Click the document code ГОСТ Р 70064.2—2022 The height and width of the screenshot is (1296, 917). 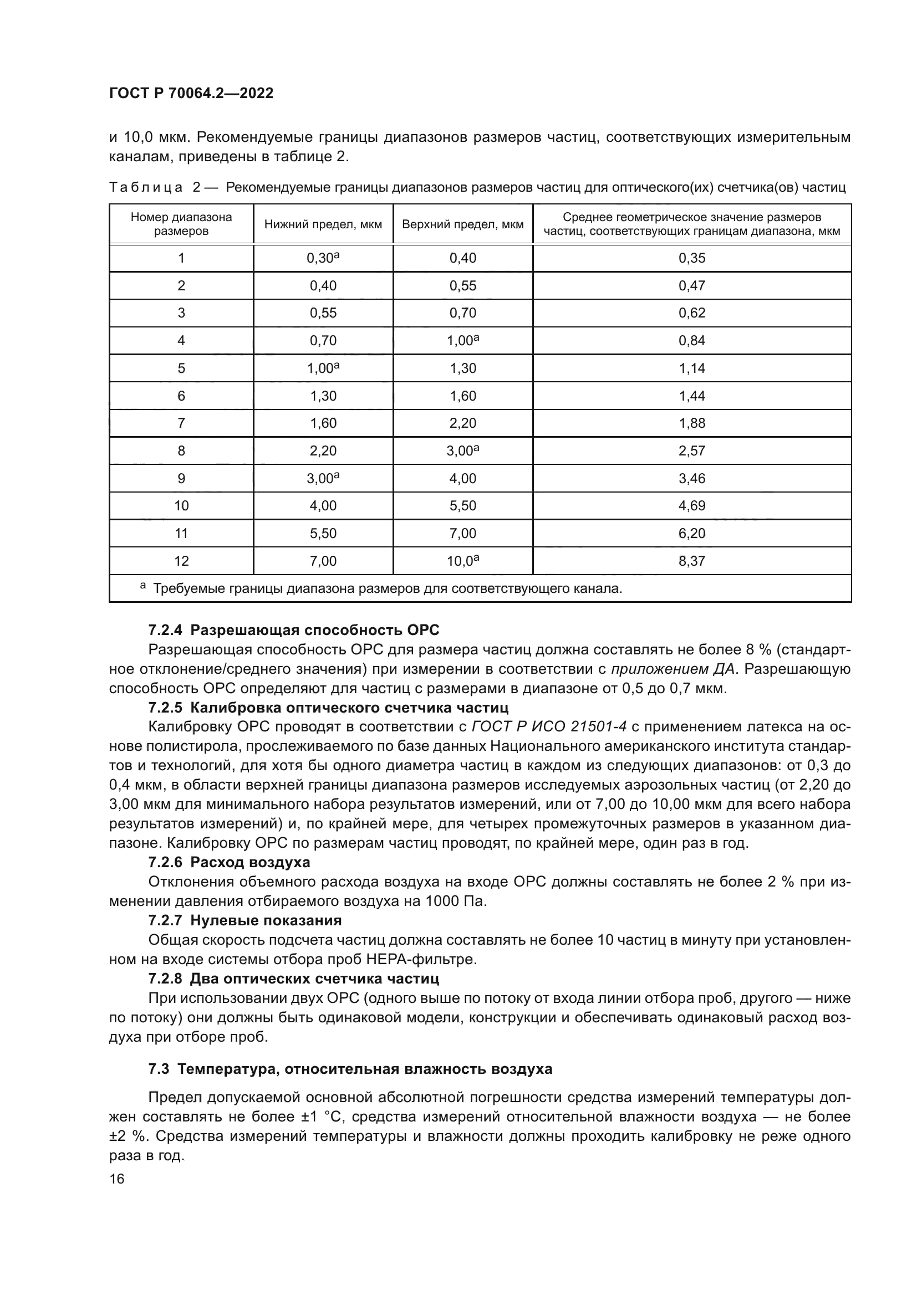(x=191, y=93)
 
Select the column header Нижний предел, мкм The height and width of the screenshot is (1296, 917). (x=323, y=224)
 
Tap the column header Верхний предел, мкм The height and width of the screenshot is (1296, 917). (x=462, y=224)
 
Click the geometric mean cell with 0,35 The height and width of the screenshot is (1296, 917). (x=692, y=258)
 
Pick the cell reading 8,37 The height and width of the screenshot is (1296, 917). (x=692, y=561)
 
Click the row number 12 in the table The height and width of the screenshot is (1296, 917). (x=181, y=561)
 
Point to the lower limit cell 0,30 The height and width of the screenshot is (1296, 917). (x=323, y=258)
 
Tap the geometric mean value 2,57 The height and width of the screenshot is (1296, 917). (x=692, y=450)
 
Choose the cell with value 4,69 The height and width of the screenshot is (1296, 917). (x=692, y=506)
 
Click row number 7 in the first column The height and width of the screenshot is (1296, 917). (x=181, y=423)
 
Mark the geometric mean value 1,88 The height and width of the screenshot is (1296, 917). (x=692, y=423)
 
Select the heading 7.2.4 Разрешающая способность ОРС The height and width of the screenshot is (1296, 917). (x=294, y=631)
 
